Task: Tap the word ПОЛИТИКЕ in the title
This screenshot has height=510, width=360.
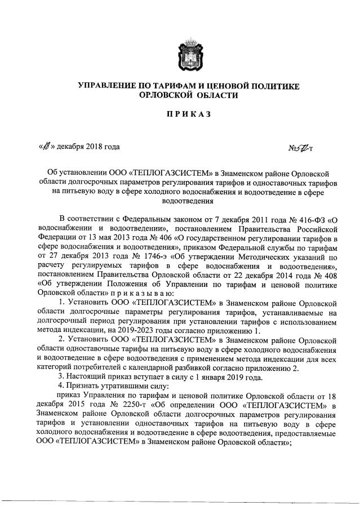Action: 272,86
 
